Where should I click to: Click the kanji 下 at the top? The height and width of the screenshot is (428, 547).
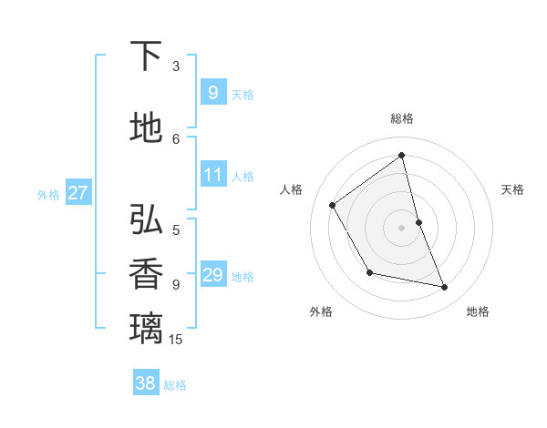tap(147, 57)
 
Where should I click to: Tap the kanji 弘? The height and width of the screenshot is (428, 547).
tap(147, 220)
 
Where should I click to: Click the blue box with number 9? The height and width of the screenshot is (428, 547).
tap(212, 92)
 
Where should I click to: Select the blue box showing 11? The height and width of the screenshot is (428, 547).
tap(212, 175)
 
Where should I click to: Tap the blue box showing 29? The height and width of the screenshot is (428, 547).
tap(212, 275)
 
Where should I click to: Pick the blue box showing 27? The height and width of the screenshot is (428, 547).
tap(77, 193)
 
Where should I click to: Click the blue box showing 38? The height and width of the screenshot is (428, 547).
tap(146, 383)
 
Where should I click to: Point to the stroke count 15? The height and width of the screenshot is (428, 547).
tap(176, 340)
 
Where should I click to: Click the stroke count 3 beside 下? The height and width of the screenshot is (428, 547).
tap(176, 66)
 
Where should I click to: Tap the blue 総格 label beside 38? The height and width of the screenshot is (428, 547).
tap(175, 385)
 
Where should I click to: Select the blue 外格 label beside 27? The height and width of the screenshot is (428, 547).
tap(48, 194)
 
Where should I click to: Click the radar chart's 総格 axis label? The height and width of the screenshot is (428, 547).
tap(402, 118)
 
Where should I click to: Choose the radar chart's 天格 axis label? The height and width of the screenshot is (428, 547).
tap(512, 189)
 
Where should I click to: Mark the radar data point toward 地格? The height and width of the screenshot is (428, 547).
tap(445, 288)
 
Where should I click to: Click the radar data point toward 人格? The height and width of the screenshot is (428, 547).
tap(333, 205)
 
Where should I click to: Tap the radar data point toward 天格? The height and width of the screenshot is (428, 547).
tap(418, 222)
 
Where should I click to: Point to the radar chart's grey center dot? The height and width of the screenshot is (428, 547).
tap(402, 228)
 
